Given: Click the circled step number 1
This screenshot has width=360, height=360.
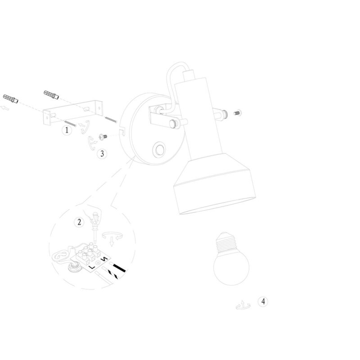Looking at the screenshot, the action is click(67, 130).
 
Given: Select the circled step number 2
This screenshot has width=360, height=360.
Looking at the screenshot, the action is click(79, 222).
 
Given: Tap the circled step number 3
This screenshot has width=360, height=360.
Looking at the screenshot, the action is click(102, 153).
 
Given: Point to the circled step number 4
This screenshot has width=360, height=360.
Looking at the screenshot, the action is click(263, 301).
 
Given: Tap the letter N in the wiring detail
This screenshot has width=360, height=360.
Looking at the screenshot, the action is click(105, 259).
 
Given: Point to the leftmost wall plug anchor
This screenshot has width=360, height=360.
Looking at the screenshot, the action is click(10, 99).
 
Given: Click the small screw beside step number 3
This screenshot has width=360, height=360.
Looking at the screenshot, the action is click(103, 137).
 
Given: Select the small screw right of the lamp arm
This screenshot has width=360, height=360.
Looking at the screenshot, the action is click(238, 113).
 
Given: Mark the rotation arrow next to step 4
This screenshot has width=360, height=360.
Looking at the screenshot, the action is click(243, 305).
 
